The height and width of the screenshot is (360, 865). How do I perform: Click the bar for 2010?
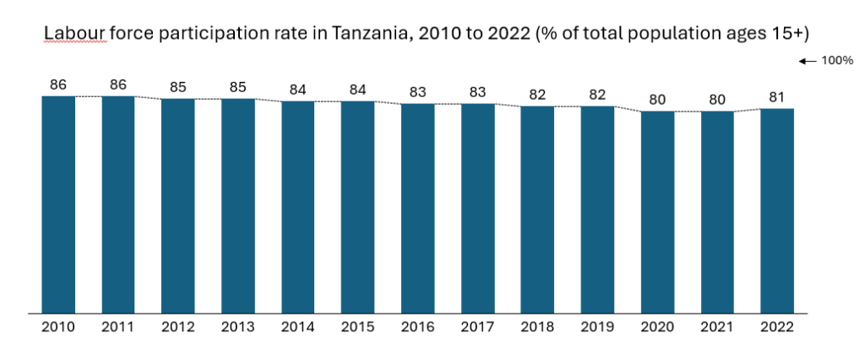tap(58, 205)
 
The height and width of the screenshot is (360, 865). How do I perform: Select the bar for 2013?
tap(238, 206)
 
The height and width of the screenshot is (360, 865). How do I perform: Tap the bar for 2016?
tap(418, 209)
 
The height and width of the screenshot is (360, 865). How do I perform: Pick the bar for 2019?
tap(597, 210)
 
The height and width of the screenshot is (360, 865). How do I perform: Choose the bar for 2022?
tap(777, 211)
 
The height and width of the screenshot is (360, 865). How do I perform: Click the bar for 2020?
tap(657, 212)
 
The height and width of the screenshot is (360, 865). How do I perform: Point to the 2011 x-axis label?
tap(118, 326)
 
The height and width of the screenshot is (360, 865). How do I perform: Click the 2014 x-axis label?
tap(298, 326)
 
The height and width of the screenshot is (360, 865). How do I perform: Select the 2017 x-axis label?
tap(478, 326)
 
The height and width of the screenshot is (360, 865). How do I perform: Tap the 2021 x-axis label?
tap(717, 326)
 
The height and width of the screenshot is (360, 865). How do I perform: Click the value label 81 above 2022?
tap(777, 97)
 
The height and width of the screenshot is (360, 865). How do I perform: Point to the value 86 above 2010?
tap(58, 85)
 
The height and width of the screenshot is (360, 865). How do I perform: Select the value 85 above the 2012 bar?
tap(178, 87)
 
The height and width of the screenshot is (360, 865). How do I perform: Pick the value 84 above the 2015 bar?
tap(358, 90)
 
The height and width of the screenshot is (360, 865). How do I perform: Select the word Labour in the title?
tap(70, 34)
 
